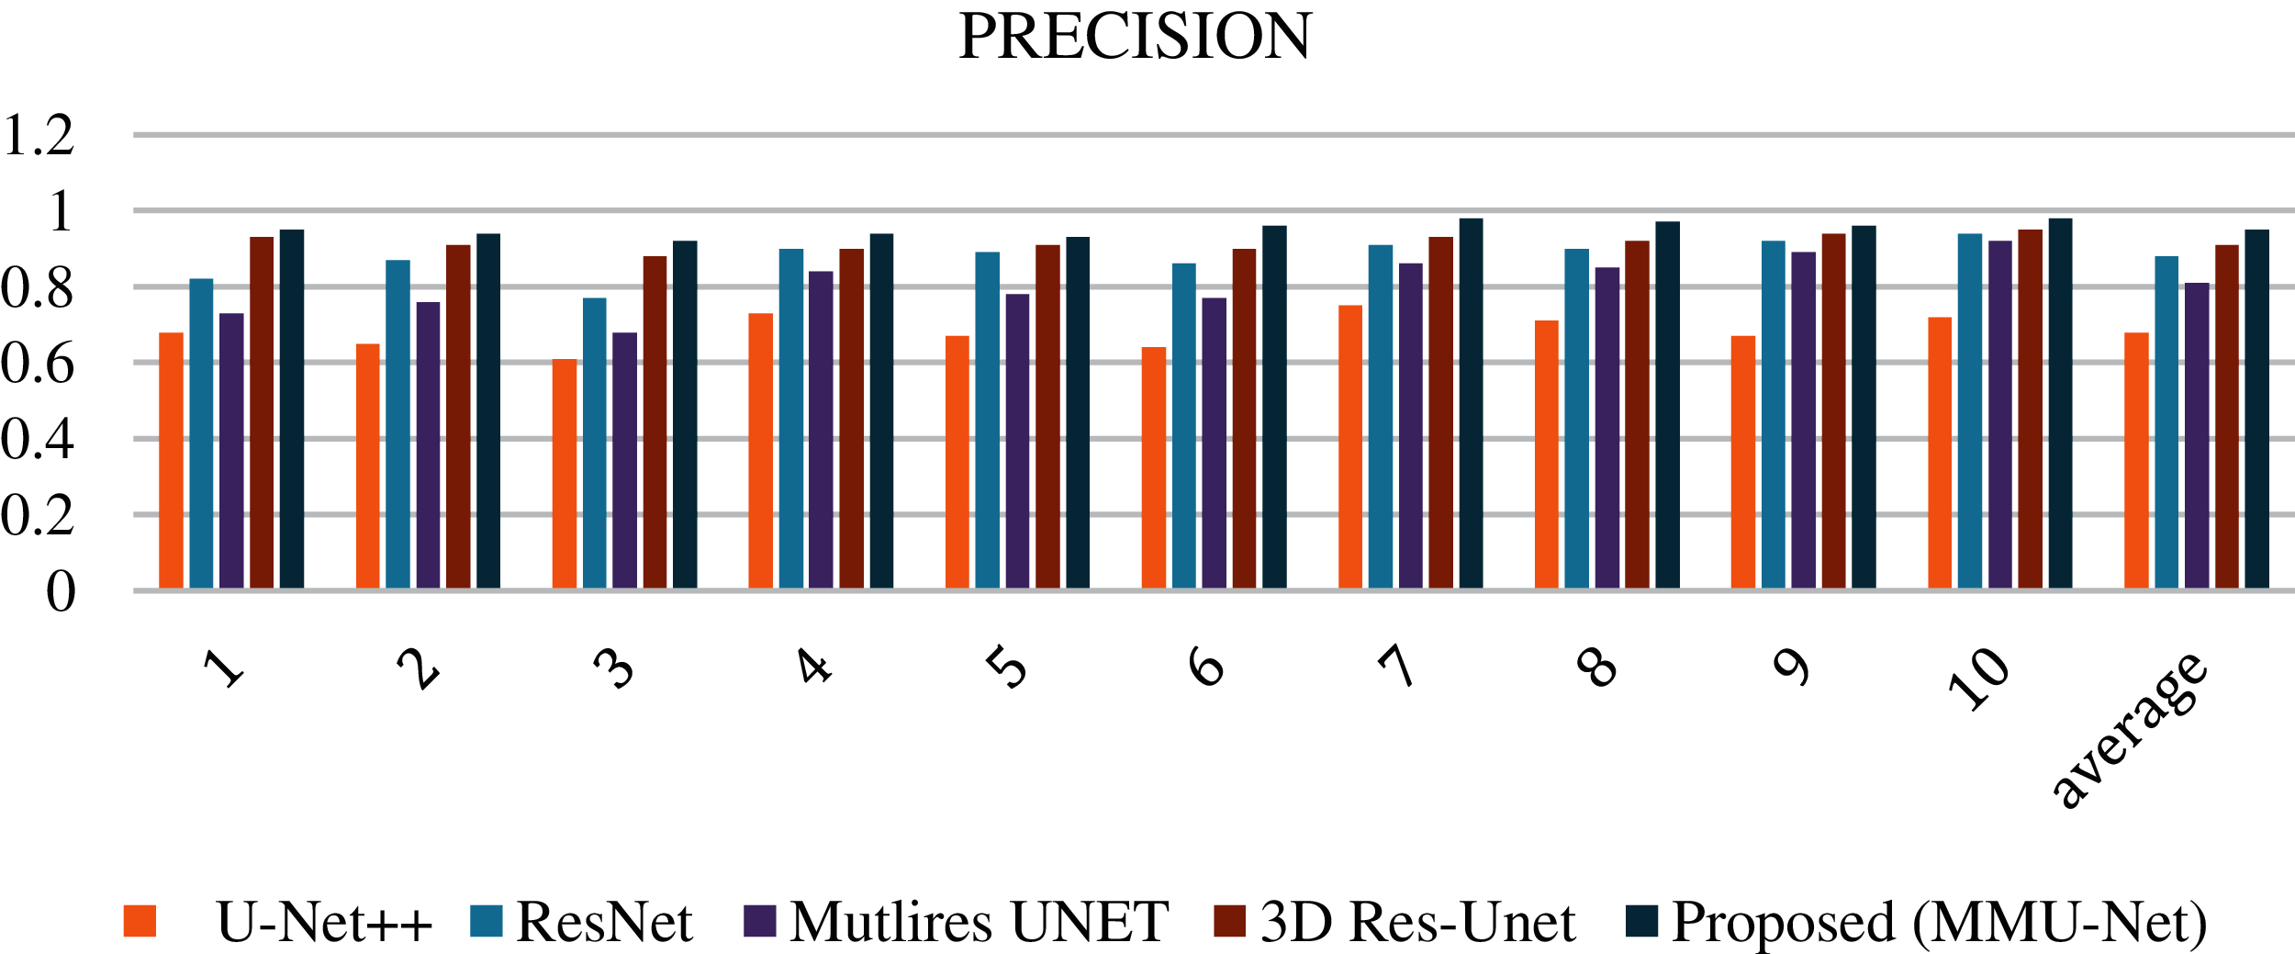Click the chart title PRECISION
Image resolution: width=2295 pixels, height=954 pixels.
[1135, 37]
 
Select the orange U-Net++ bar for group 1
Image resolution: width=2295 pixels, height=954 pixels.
[171, 460]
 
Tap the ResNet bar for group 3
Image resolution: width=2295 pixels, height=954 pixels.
[594, 443]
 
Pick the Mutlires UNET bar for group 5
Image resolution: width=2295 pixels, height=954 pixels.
[1017, 441]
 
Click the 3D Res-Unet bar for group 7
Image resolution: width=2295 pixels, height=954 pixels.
[1440, 412]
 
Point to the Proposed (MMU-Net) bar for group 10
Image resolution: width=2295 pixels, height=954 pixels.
[2060, 403]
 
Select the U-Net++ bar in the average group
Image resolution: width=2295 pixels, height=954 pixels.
[2136, 460]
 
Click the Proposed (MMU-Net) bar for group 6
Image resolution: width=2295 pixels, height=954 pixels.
[1274, 407]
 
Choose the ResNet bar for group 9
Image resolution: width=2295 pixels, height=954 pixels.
[1773, 414]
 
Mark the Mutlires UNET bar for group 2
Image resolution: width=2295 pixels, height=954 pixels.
[428, 444]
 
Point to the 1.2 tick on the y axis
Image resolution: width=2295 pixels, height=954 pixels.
[39, 136]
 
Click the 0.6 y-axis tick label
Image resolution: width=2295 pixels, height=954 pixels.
[39, 364]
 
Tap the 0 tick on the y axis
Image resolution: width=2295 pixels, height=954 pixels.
[61, 591]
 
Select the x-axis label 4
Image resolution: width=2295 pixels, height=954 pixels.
[813, 666]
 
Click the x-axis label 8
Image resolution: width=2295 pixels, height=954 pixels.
[1597, 666]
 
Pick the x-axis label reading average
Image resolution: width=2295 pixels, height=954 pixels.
[2128, 730]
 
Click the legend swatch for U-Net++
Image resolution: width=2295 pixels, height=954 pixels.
[140, 921]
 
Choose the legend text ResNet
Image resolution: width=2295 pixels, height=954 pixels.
[604, 922]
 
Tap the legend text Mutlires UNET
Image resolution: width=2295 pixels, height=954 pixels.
[979, 922]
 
